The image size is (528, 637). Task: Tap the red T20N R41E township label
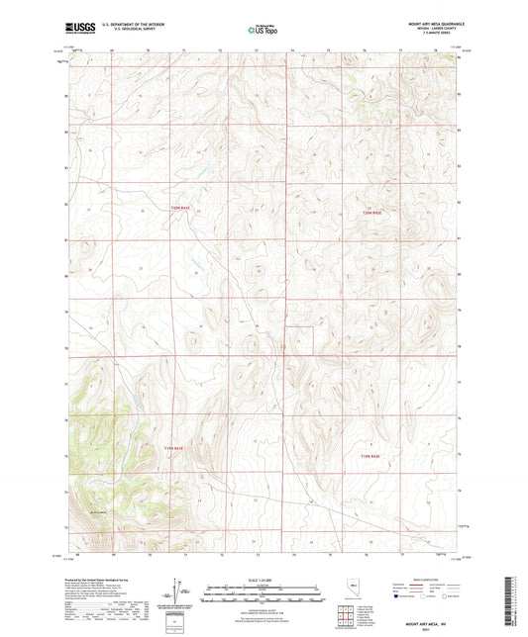coord(178,208)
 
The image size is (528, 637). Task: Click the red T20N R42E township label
coord(370,212)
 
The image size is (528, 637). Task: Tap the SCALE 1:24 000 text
coord(264,580)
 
